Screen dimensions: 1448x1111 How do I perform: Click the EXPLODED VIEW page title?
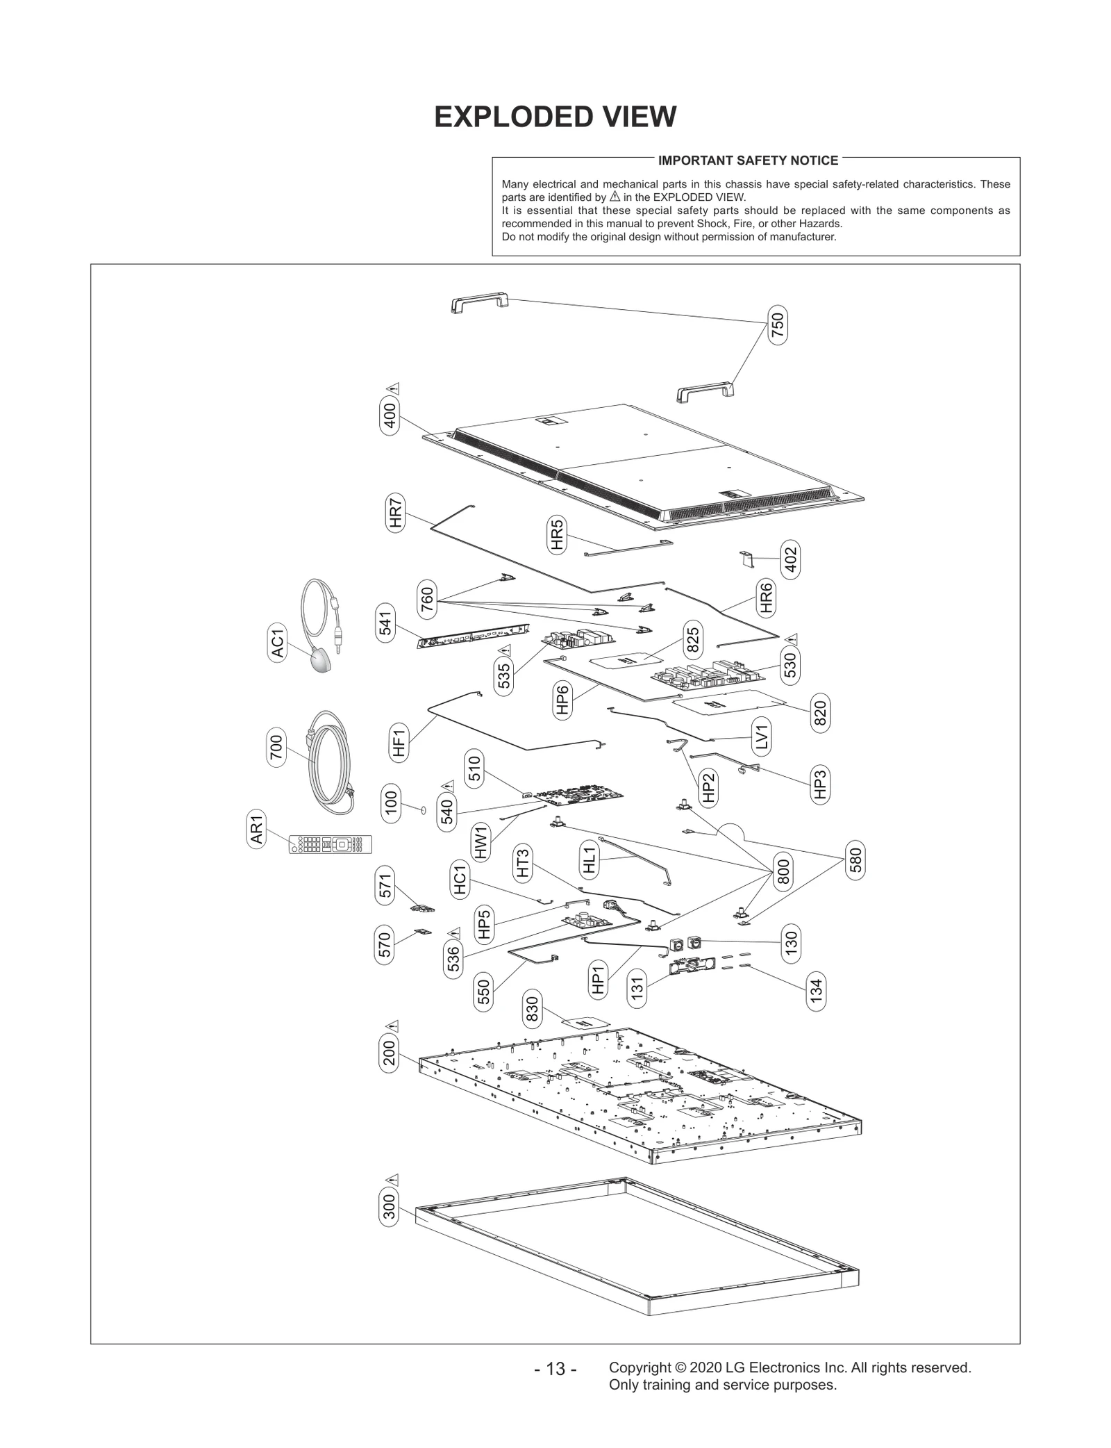click(x=555, y=117)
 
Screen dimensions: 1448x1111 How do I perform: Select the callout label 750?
click(x=778, y=324)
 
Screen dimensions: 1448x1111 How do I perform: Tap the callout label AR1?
click(x=257, y=830)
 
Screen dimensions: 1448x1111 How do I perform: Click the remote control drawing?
click(x=331, y=844)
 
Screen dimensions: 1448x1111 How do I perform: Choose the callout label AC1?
click(x=277, y=643)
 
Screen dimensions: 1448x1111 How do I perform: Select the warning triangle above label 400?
click(x=393, y=388)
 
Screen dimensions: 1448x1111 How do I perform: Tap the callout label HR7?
click(x=394, y=514)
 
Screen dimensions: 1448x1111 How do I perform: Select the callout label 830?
click(x=532, y=1010)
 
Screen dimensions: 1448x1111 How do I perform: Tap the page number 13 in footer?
click(x=555, y=1369)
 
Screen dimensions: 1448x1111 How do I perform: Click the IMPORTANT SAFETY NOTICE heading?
click(x=748, y=161)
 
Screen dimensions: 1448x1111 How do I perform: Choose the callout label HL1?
click(x=589, y=859)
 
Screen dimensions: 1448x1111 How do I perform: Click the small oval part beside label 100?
click(x=421, y=809)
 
